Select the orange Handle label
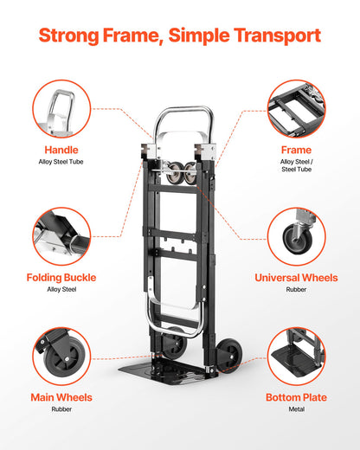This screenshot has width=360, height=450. click(61, 150)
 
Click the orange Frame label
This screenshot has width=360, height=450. click(296, 150)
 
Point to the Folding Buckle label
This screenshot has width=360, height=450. click(61, 278)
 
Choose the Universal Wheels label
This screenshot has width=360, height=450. click(296, 278)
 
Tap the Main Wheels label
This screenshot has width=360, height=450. click(61, 397)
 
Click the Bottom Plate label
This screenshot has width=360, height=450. click(296, 397)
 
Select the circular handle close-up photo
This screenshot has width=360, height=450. click(61, 108)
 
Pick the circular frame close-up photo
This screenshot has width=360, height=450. click(296, 108)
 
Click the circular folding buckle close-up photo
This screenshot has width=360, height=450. click(61, 236)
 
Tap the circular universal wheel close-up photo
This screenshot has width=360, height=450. click(296, 236)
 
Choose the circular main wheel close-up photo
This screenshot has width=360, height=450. click(61, 356)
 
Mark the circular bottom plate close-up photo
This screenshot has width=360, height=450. click(296, 356)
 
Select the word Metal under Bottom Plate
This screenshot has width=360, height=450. click(296, 409)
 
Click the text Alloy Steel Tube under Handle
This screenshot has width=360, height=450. click(61, 162)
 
